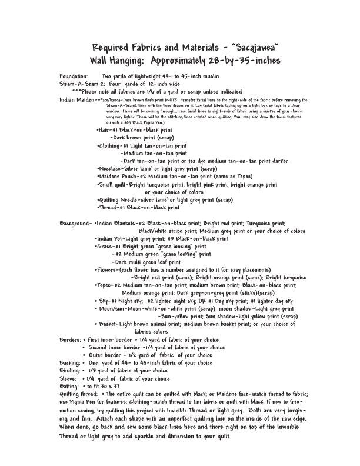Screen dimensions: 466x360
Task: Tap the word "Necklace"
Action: pyautogui.click(x=113, y=168)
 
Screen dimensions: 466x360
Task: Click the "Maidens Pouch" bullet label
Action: pyautogui.click(x=118, y=176)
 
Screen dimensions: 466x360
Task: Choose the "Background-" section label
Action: pyautogui.click(x=76, y=224)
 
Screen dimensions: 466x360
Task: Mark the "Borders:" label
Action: pyautogui.click(x=71, y=339)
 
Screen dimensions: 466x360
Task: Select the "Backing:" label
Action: pyautogui.click(x=71, y=363)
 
